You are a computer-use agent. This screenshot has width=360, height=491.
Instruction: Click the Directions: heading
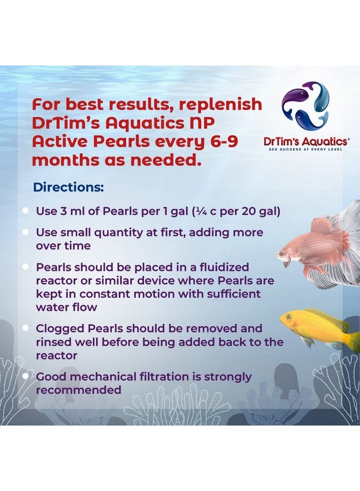tap(68, 187)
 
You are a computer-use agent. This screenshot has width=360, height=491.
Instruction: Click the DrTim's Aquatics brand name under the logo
tap(303, 141)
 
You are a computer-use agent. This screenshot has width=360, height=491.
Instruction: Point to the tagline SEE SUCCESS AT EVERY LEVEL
tap(303, 148)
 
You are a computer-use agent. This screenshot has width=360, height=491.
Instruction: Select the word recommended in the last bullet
tap(79, 390)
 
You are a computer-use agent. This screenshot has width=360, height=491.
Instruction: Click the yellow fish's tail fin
tap(353, 341)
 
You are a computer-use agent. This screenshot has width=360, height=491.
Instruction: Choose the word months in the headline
tap(64, 161)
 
